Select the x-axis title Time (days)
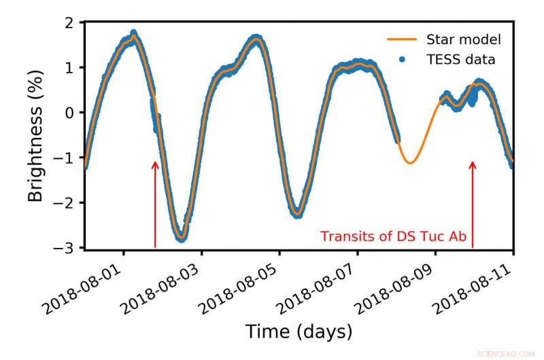coord(299,332)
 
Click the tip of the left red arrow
coord(155,162)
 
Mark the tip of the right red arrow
coord(473,162)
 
